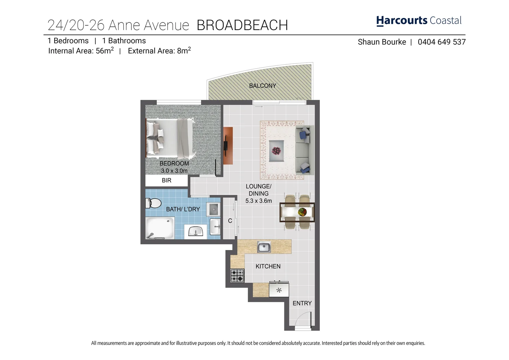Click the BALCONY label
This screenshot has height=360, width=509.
point(262,86)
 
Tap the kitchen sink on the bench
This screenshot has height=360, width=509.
point(264,247)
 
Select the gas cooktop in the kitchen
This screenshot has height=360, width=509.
point(237,276)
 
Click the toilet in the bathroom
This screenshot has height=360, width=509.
point(153,203)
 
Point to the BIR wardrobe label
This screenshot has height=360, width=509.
point(166,180)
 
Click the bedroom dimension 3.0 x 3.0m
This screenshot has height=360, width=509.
point(174,171)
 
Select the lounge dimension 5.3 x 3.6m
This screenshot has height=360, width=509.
point(258,201)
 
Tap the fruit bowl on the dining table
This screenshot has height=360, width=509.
point(303,212)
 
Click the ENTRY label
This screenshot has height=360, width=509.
point(302,303)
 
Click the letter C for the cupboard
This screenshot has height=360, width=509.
point(230,221)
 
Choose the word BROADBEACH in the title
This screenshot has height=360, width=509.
point(242,25)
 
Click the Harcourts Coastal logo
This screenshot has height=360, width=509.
point(419,21)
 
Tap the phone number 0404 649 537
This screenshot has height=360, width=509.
point(441,42)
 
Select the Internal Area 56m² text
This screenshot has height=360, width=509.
point(81,51)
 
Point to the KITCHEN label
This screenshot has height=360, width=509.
point(268,266)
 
